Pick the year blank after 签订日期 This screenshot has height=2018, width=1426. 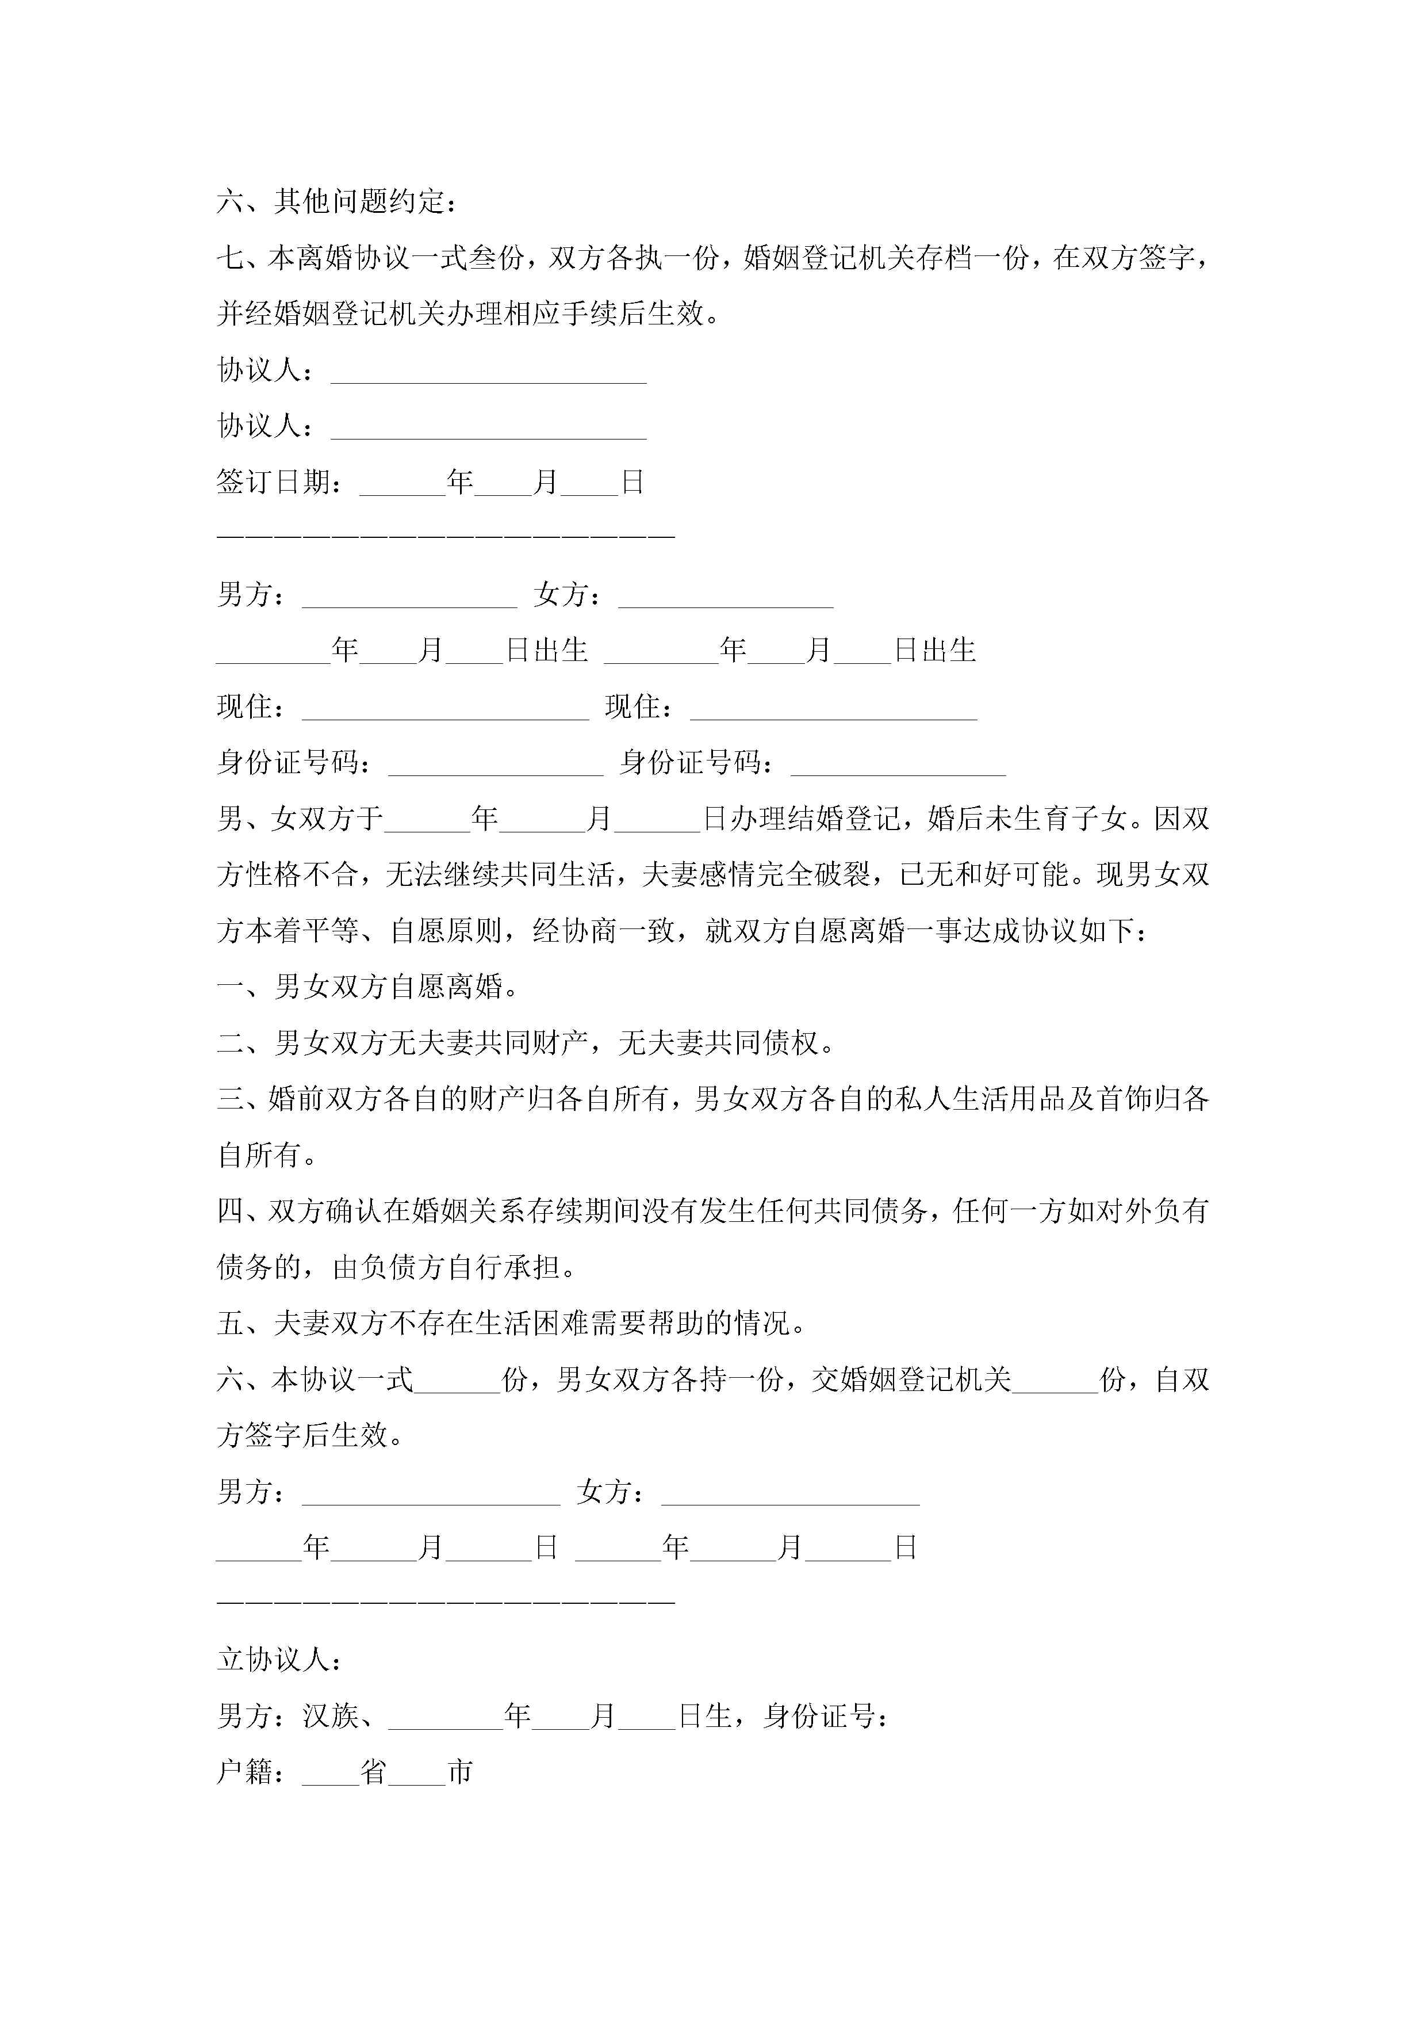point(402,483)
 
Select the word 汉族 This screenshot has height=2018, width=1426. point(331,1717)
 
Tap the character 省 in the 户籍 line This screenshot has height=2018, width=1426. point(373,1772)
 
